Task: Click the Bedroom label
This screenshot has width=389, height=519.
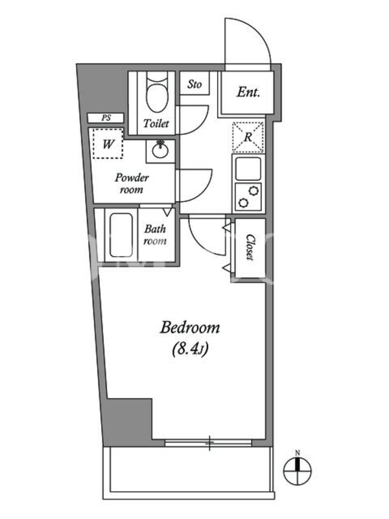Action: [x=190, y=328]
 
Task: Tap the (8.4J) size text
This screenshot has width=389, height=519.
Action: [x=190, y=349]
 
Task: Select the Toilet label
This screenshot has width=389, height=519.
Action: [x=156, y=123]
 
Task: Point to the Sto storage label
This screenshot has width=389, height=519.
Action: [x=194, y=84]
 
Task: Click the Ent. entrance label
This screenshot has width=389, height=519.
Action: [x=248, y=92]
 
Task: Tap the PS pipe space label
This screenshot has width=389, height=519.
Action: [x=106, y=118]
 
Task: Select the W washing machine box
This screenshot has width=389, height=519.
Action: [x=108, y=143]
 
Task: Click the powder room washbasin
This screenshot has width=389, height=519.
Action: [x=160, y=151]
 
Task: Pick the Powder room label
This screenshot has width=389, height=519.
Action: [x=132, y=184]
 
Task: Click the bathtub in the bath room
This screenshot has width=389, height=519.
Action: [x=121, y=235]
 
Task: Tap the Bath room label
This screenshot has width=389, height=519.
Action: [x=155, y=235]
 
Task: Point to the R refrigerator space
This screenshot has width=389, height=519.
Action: [x=248, y=137]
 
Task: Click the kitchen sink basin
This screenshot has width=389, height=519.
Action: [x=248, y=169]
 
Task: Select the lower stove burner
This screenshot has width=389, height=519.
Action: [x=243, y=202]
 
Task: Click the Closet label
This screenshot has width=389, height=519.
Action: [x=250, y=248]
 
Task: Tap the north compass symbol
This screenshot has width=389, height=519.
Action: [x=298, y=470]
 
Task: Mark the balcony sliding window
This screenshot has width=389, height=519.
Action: [x=208, y=442]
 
